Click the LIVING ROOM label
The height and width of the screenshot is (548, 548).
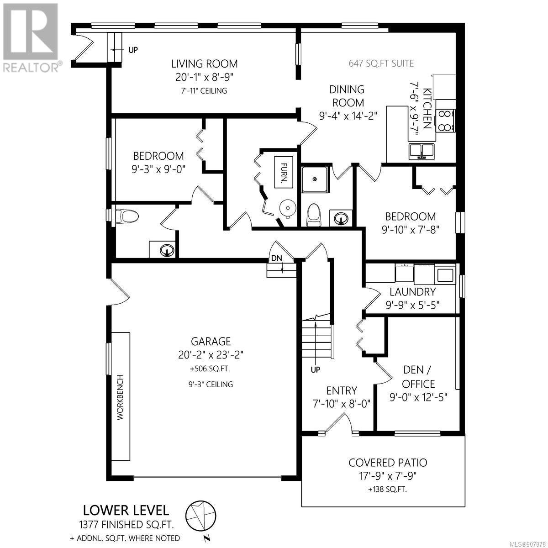coord(204,63)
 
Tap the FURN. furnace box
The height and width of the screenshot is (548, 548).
coord(284,172)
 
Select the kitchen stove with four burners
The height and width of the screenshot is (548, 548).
coord(446,120)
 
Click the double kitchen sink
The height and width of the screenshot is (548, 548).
coord(422,151)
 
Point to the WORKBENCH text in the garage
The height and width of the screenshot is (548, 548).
coord(120,398)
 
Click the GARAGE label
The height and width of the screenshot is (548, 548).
coord(211,341)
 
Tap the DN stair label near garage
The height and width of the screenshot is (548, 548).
coord(277,258)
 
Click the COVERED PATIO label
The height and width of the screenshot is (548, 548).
coord(388,463)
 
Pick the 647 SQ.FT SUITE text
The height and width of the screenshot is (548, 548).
coord(381,63)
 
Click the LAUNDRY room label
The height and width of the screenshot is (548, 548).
coord(412,292)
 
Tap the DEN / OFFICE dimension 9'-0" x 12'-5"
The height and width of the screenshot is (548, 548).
coord(418,397)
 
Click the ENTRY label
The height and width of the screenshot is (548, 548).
coord(342,391)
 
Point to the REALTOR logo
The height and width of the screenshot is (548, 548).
coord(31,37)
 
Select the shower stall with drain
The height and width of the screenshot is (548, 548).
coord(315,179)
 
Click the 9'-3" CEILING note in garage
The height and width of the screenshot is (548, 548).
coord(211,385)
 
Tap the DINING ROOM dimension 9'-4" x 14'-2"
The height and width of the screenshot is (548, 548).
coord(348,116)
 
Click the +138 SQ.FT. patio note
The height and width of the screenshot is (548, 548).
coord(387,490)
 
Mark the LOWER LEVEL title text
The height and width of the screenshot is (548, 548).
coord(126,511)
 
